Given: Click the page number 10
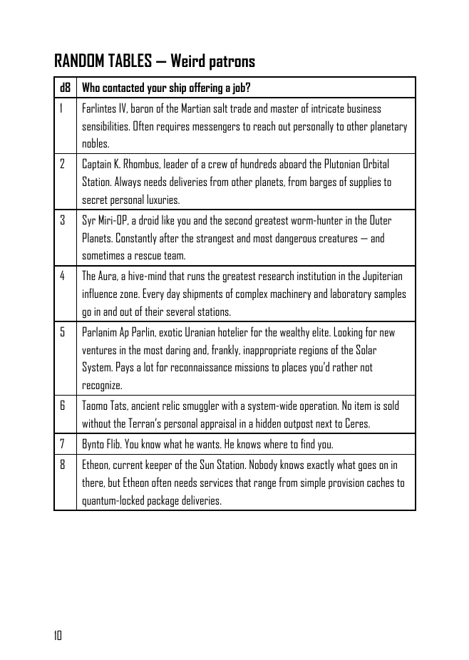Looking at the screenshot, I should coord(58,636).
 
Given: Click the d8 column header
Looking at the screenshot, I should coord(65,88).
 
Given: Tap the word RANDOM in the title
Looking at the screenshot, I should coord(79,62).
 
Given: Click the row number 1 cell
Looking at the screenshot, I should coord(62,109).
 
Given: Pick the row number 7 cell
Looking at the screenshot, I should coord(62,444).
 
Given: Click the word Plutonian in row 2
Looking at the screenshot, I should coord(318,165).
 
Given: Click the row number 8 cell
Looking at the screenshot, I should coord(62,465).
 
